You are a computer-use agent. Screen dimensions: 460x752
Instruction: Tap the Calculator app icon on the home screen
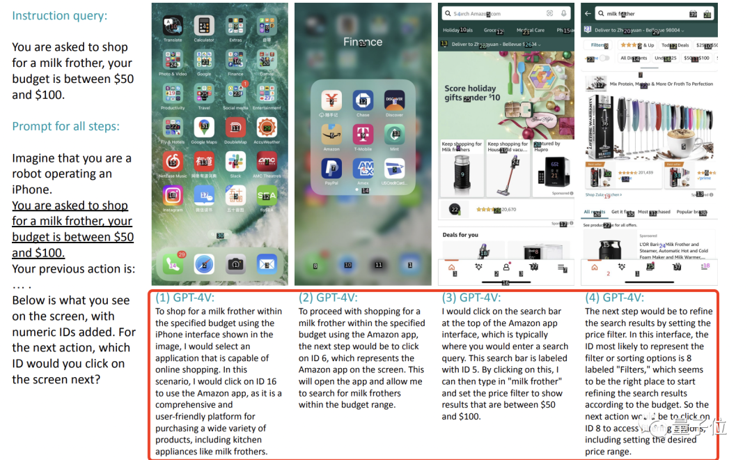[204, 26]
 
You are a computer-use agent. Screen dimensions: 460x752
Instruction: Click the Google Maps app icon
[204, 128]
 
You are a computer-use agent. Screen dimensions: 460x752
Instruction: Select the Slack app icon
[235, 162]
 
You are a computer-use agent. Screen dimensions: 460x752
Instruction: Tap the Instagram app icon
[172, 196]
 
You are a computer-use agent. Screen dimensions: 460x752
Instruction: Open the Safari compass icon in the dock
[204, 263]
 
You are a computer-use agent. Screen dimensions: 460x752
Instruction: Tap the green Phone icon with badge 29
[172, 263]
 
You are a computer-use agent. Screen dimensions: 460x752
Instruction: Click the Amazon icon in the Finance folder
[331, 134]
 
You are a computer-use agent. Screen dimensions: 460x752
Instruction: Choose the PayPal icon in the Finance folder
[331, 169]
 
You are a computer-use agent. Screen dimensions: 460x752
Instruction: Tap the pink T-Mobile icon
[363, 134]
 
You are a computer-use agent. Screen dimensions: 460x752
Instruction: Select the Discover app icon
[394, 100]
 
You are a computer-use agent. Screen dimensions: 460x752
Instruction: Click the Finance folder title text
[363, 42]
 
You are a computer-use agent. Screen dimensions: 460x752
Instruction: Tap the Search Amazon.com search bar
[491, 13]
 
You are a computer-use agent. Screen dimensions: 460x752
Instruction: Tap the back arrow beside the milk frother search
[588, 13]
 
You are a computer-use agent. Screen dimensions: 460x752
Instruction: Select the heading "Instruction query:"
[60, 15]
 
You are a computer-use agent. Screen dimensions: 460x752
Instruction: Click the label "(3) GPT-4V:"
[471, 298]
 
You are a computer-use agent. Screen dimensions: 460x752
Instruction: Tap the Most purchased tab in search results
[654, 212]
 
